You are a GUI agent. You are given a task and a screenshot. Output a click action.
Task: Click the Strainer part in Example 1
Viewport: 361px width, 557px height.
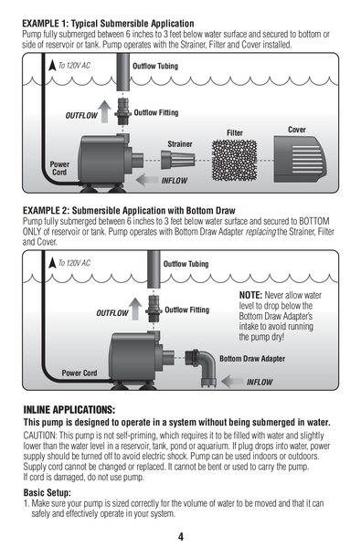coord(178,160)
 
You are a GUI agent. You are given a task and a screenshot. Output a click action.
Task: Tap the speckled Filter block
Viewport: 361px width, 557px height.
coord(234,160)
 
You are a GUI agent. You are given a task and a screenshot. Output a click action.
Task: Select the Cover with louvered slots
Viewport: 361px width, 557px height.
coord(299,159)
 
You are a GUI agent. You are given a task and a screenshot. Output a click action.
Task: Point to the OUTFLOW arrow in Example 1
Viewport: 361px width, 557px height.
coord(104,111)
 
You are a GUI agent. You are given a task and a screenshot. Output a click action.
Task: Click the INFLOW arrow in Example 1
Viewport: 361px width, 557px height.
coord(147,180)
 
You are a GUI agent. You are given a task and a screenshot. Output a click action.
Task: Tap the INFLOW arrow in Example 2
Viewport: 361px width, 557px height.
coord(233,381)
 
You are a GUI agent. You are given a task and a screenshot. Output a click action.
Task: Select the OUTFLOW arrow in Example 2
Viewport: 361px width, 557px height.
coord(135,309)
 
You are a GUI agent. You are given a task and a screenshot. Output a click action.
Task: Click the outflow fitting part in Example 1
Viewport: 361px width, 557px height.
coord(123,111)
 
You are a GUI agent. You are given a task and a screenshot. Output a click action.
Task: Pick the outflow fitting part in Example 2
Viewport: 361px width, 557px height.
coord(154,309)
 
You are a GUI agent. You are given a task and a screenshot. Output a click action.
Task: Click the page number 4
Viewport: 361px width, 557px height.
coord(181,536)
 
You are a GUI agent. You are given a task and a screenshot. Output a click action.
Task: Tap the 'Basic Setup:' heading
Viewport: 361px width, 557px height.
coord(48,493)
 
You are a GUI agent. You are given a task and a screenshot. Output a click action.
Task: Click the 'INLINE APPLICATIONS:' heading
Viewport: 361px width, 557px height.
coord(69,410)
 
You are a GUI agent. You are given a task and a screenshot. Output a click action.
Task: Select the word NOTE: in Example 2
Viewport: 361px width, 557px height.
coord(250,295)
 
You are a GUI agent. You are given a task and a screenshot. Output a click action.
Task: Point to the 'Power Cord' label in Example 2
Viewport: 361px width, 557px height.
coord(80,373)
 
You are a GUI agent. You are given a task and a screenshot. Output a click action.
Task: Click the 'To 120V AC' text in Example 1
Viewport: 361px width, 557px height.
coord(74,66)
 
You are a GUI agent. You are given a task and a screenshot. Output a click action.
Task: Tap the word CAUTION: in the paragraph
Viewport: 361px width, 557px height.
coord(40,436)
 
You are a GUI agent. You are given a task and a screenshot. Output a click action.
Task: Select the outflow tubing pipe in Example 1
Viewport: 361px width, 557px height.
coord(122,72)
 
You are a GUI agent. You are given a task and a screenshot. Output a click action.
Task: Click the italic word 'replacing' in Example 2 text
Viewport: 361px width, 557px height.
coord(260,232)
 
